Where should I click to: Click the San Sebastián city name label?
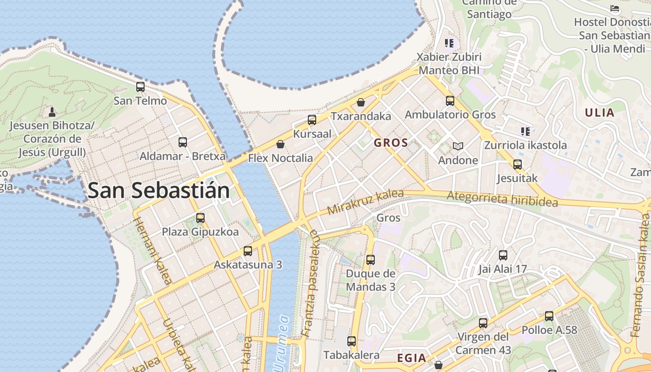pyautogui.click(x=159, y=191)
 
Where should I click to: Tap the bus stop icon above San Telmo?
pyautogui.click(x=140, y=86)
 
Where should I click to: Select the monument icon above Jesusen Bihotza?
pyautogui.click(x=52, y=112)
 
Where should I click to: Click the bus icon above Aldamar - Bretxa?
pyautogui.click(x=183, y=142)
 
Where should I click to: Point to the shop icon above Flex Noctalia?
pyautogui.click(x=280, y=144)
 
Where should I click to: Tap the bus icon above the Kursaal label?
pyautogui.click(x=312, y=120)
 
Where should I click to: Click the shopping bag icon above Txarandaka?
pyautogui.click(x=361, y=102)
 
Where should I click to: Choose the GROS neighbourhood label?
pyautogui.click(x=391, y=143)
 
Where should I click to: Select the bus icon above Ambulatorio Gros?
pyautogui.click(x=450, y=100)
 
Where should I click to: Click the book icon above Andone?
pyautogui.click(x=458, y=146)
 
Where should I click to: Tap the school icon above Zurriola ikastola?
pyautogui.click(x=525, y=132)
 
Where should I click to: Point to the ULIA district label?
pyautogui.click(x=599, y=113)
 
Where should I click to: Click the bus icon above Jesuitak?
pyautogui.click(x=518, y=164)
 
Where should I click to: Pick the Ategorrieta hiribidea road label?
pyautogui.click(x=502, y=199)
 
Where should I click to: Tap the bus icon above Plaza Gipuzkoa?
pyautogui.click(x=200, y=218)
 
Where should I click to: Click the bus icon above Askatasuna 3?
pyautogui.click(x=248, y=251)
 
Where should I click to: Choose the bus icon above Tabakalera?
pyautogui.click(x=352, y=341)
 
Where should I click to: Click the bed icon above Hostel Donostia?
pyautogui.click(x=615, y=8)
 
